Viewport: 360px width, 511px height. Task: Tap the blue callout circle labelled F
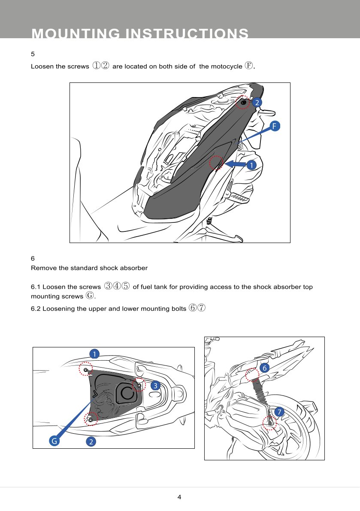275,125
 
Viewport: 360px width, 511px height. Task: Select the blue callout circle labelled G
54,441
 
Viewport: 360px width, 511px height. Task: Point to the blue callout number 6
264,368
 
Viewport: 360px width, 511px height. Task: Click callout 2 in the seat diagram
257,102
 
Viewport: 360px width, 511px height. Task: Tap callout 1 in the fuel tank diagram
94,354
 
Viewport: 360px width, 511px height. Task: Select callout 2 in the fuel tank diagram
91,441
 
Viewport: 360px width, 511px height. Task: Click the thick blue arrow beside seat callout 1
234,164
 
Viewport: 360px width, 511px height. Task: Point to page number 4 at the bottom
179,497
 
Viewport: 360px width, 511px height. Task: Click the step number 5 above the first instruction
33,55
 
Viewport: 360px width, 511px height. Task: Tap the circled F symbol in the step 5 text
249,66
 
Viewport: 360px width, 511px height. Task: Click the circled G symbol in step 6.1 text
89,295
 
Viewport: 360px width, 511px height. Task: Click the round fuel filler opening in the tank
126,392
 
